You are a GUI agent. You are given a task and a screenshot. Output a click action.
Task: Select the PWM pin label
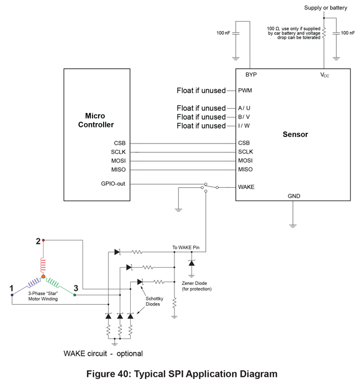pos(245,90)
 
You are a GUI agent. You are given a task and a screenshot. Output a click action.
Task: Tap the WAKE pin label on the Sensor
pos(246,187)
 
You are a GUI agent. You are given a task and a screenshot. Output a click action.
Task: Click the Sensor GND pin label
pos(295,196)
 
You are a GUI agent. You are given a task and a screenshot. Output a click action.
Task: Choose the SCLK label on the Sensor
pos(246,152)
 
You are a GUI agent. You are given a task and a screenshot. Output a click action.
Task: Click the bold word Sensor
pos(295,135)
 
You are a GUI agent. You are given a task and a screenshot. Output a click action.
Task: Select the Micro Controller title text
pos(100,120)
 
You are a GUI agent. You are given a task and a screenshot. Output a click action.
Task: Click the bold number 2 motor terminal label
pos(38,240)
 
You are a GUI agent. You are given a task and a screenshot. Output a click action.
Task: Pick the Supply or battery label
pos(326,7)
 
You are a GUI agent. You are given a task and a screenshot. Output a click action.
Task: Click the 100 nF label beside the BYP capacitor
pos(224,33)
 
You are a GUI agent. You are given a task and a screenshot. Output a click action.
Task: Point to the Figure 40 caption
pos(182,373)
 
